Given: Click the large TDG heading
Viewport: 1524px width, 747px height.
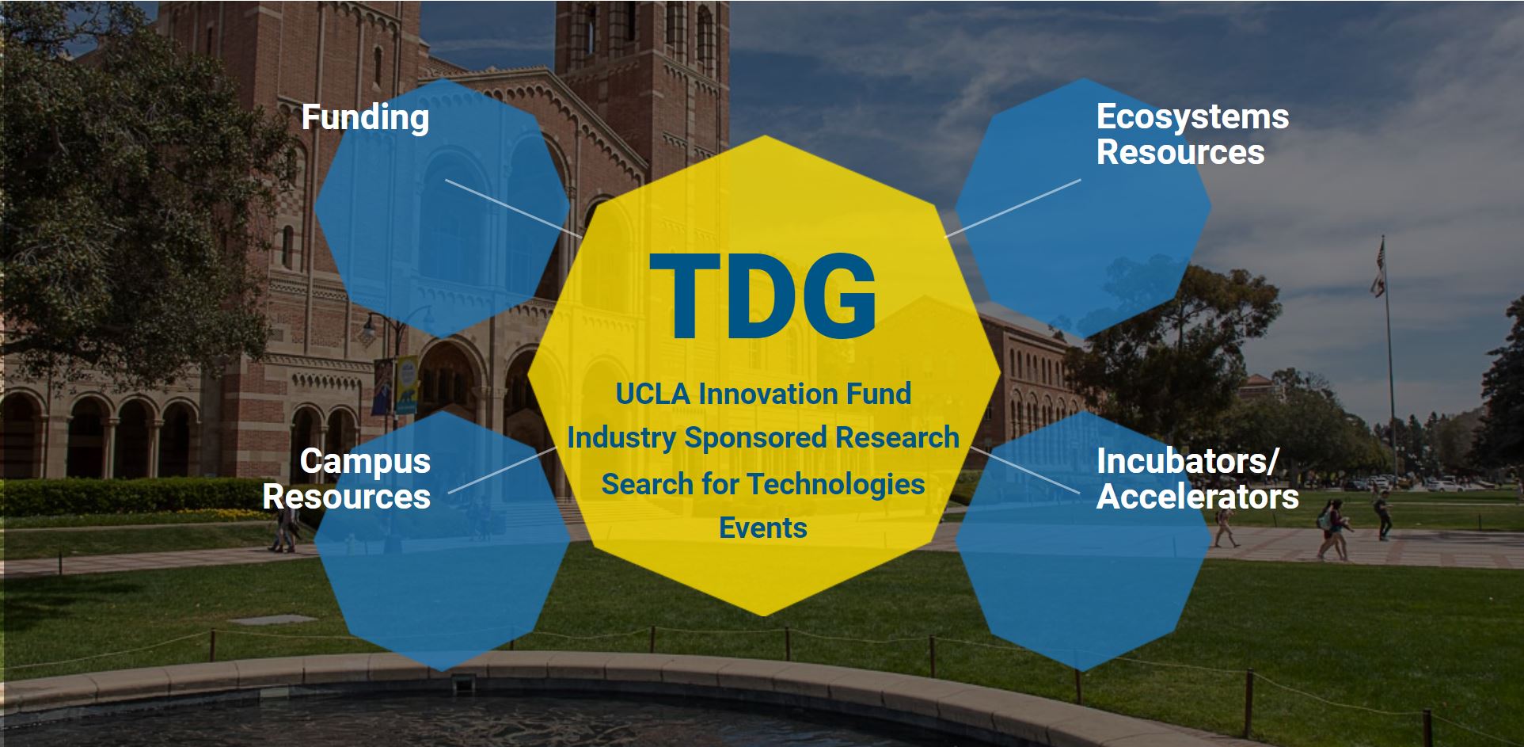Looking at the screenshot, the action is point(762,296).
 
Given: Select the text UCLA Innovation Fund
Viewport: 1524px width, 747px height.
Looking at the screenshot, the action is point(763,394).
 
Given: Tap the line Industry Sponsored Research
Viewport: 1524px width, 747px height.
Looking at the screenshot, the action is point(763,438).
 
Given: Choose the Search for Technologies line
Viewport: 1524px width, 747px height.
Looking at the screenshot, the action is point(763,484).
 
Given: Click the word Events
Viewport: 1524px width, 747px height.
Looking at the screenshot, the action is point(763,528).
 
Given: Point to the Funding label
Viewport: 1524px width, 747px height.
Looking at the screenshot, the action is point(365,118).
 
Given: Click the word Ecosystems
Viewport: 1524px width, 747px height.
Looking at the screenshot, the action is point(1192,117).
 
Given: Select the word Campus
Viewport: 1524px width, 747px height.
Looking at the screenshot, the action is point(365,462).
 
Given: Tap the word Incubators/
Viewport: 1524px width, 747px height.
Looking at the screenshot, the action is point(1188,462).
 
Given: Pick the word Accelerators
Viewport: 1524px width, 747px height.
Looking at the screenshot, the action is point(1198,497).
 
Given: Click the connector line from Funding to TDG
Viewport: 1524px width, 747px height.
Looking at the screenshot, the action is point(514,208).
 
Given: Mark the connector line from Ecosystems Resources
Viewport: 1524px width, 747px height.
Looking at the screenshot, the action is point(1013,208).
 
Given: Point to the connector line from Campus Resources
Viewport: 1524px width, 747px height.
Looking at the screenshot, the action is point(503,470).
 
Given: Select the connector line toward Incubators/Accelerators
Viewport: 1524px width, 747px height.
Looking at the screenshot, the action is point(1024,471).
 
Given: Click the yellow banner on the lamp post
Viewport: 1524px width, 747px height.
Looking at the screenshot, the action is point(406,384).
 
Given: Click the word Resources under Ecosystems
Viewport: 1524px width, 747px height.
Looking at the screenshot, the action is point(1180,152).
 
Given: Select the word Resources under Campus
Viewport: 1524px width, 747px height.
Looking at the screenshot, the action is point(347,497).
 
